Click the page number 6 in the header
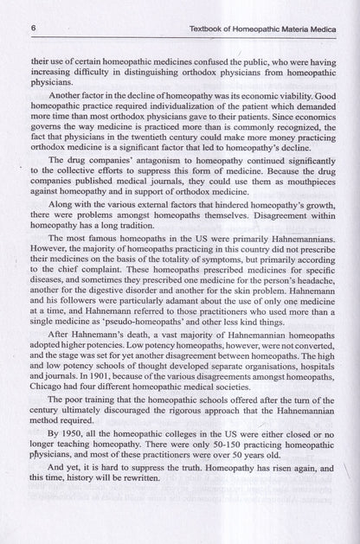coord(32,29)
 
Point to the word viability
coord(285,97)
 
